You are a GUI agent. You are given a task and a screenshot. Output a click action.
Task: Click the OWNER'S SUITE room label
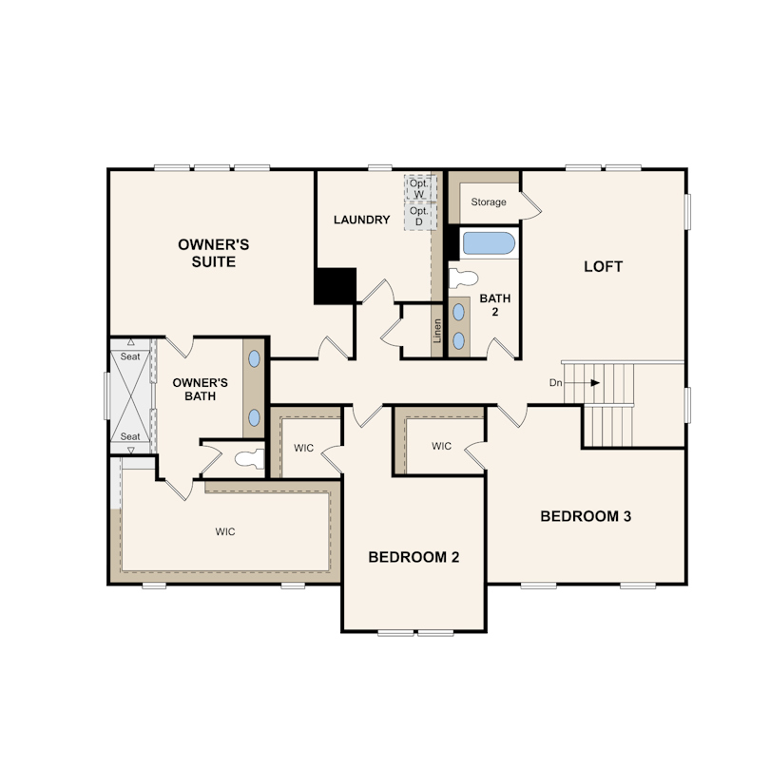pyautogui.click(x=213, y=253)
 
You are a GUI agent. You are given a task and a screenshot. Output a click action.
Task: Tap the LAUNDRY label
pyautogui.click(x=362, y=220)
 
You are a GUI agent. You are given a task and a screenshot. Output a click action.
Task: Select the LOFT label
pyautogui.click(x=603, y=267)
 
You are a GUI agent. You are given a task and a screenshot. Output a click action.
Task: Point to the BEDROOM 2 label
pyautogui.click(x=414, y=557)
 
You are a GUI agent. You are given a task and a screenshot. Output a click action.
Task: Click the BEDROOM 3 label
pyautogui.click(x=586, y=516)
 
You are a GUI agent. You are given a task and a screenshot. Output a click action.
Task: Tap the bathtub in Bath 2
pyautogui.click(x=490, y=243)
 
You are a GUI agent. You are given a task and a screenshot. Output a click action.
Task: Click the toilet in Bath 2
pyautogui.click(x=464, y=279)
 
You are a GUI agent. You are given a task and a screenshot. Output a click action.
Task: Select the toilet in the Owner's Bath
pyautogui.click(x=250, y=458)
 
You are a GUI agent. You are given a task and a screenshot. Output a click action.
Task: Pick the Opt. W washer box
pyautogui.click(x=420, y=188)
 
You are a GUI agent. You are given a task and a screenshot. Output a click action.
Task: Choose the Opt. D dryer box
pyautogui.click(x=420, y=216)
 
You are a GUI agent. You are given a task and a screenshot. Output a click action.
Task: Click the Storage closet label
pyautogui.click(x=488, y=202)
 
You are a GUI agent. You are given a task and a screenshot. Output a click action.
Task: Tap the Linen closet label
pyautogui.click(x=437, y=331)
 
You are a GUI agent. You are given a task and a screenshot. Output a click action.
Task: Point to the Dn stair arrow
pyautogui.click(x=582, y=382)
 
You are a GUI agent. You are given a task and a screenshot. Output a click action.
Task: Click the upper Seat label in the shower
pyautogui.click(x=130, y=356)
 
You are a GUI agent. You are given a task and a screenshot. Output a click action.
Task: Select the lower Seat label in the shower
pyautogui.click(x=130, y=436)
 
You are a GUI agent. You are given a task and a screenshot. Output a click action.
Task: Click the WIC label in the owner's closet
pyautogui.click(x=225, y=531)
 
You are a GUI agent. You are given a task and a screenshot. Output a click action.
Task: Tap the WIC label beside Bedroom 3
pyautogui.click(x=441, y=446)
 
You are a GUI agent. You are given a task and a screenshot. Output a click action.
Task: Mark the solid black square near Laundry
pyautogui.click(x=336, y=286)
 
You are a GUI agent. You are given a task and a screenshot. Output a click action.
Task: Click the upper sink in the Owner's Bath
pyautogui.click(x=254, y=359)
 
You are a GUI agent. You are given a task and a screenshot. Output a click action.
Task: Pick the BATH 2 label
pyautogui.click(x=494, y=305)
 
